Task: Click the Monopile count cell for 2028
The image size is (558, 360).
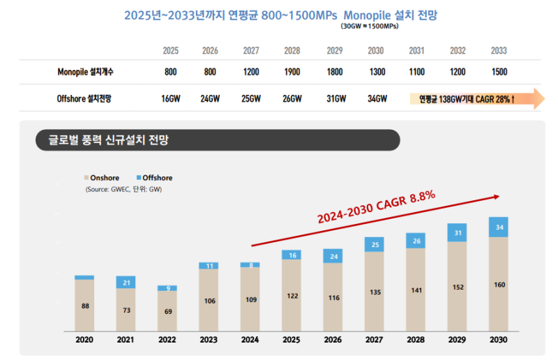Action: point(292,72)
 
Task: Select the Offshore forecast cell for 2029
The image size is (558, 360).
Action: point(335,99)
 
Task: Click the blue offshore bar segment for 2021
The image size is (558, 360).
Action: point(126,282)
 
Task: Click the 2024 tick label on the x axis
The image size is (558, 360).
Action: point(250,340)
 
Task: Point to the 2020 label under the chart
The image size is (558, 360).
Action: point(84,340)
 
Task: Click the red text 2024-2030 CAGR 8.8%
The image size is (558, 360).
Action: point(377,208)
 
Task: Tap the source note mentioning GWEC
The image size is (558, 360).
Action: point(124,189)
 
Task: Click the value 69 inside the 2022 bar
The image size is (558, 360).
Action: point(167,311)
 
